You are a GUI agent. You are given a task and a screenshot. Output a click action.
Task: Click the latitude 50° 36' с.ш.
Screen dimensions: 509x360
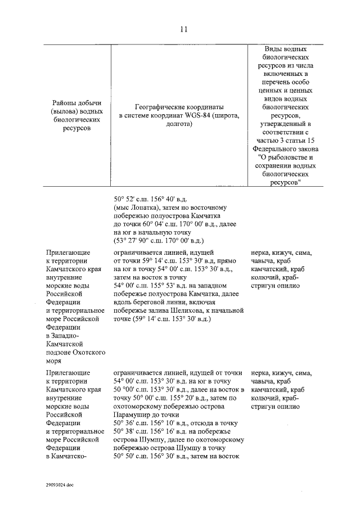(132, 423)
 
